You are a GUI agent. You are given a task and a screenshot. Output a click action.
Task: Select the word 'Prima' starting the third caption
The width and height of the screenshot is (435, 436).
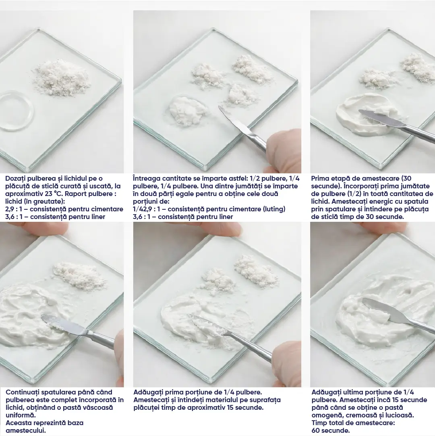(x=320, y=179)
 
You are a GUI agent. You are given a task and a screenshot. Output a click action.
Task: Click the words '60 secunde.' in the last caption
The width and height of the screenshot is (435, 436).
(x=331, y=431)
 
